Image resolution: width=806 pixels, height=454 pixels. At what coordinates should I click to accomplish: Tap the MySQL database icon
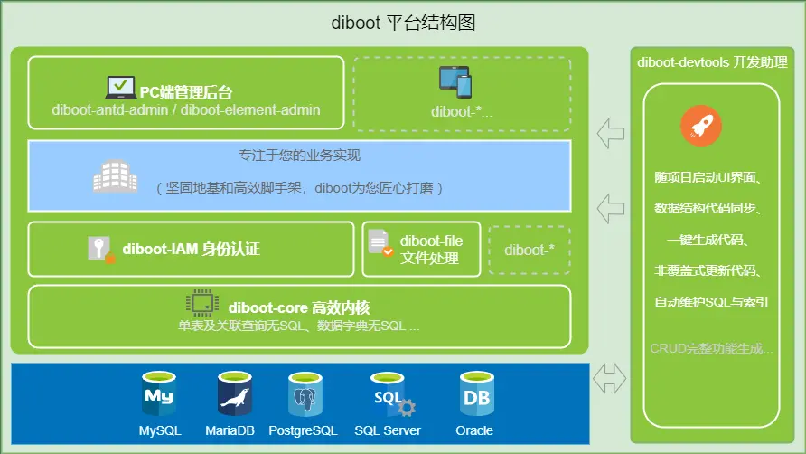[159, 393]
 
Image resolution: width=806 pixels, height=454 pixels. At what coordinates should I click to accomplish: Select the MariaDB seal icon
[235, 394]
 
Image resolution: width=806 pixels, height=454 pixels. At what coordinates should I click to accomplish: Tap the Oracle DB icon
[474, 393]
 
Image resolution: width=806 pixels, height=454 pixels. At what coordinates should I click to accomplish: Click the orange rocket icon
[701, 127]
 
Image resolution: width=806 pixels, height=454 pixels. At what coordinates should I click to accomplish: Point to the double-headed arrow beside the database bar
[610, 378]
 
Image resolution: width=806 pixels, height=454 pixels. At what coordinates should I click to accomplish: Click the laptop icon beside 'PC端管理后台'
[120, 89]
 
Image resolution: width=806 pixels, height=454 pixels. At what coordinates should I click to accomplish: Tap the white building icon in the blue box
[116, 177]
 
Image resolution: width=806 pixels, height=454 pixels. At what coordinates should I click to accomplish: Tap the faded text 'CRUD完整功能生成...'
[711, 348]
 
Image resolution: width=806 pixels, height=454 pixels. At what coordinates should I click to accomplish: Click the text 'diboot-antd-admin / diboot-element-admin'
[186, 110]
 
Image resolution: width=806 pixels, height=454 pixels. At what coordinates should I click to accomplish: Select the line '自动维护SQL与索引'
[711, 302]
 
